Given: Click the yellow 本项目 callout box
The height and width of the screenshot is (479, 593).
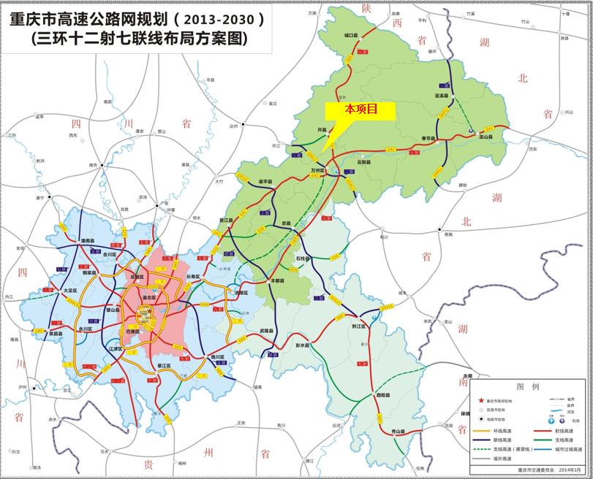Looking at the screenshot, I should tap(360, 110).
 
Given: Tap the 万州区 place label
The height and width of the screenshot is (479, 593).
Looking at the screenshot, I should tap(316, 169).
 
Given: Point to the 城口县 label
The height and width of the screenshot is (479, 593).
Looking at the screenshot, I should tap(354, 35).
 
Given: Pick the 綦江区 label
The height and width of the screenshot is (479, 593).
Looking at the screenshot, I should tap(163, 365).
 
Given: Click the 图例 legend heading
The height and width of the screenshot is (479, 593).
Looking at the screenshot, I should tap(527, 386).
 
